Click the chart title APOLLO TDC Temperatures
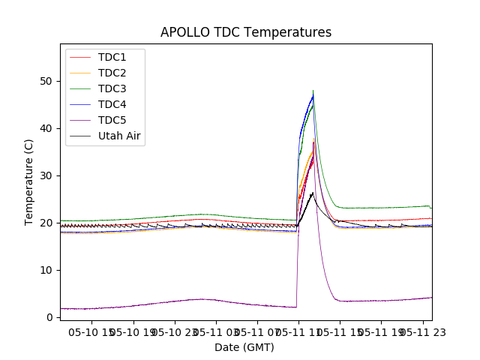coord(246,32)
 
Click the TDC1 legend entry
coord(112,58)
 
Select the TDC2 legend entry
coord(112,73)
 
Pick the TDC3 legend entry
coord(112,89)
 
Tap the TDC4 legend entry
coord(112,105)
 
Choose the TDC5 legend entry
coord(112,121)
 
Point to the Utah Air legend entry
coord(119,136)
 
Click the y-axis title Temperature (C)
coord(29,181)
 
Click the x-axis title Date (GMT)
coord(244,347)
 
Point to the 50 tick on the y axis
coord(47,81)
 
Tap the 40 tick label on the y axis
coord(47,128)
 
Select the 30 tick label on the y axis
coord(47,175)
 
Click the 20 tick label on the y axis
coord(47,223)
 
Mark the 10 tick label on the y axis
coord(47,270)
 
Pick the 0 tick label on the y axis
coord(50,317)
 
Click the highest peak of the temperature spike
coord(313,91)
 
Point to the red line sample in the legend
coord(80,58)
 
